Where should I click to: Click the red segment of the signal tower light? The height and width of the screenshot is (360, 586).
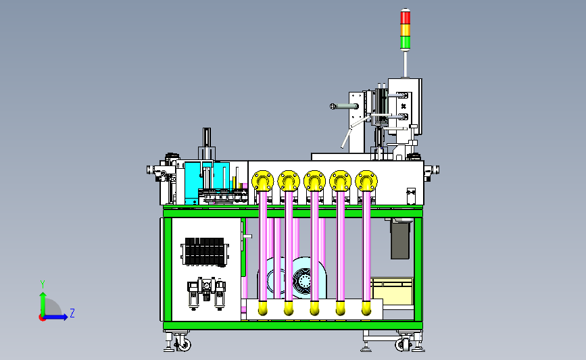pyautogui.click(x=405, y=17)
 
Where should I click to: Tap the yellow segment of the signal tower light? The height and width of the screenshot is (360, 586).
pyautogui.click(x=405, y=30)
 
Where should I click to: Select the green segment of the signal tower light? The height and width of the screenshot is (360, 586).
pyautogui.click(x=405, y=42)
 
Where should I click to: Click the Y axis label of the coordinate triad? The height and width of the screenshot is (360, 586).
pyautogui.click(x=43, y=284)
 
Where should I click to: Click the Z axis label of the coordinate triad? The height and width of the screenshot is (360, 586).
pyautogui.click(x=72, y=313)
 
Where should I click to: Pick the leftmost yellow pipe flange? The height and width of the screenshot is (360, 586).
pyautogui.click(x=263, y=181)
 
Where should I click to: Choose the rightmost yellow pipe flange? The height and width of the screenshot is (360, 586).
pyautogui.click(x=366, y=181)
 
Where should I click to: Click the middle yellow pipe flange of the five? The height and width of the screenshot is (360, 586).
pyautogui.click(x=315, y=181)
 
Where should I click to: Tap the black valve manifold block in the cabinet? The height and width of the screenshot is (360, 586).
pyautogui.click(x=205, y=252)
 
